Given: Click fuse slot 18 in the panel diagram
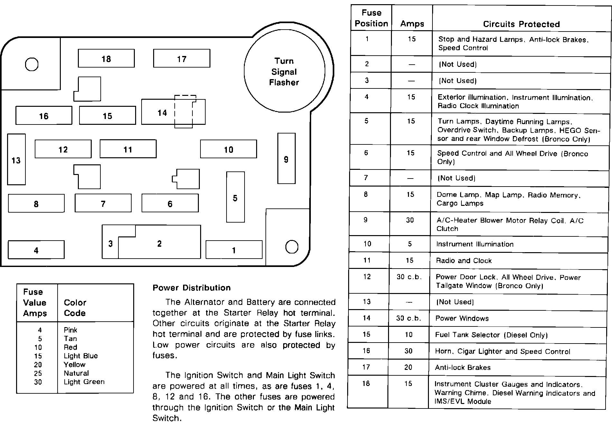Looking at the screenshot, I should click(x=106, y=59).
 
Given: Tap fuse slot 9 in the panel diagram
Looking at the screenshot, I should click(x=286, y=159).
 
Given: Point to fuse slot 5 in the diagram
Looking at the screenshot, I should click(x=235, y=197).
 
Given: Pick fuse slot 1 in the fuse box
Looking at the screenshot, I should click(x=234, y=250).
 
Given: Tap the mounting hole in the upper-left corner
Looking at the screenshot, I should click(x=32, y=64).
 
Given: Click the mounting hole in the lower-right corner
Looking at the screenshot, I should click(x=292, y=247).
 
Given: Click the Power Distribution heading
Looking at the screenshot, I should click(x=191, y=288).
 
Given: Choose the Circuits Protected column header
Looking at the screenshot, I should click(x=521, y=24).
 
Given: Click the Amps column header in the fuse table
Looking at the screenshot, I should click(x=412, y=24).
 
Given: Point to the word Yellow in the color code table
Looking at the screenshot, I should click(x=75, y=364).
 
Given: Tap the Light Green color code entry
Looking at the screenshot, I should click(x=84, y=382).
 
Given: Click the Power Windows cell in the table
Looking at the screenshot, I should click(x=462, y=318).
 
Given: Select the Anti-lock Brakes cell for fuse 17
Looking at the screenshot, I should click(x=462, y=367).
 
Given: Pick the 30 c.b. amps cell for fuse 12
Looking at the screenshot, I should click(x=409, y=277).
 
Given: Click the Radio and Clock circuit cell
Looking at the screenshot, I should click(x=464, y=261).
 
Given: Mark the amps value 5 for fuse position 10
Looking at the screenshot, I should click(x=410, y=244).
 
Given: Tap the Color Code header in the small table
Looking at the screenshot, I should click(x=75, y=308).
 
